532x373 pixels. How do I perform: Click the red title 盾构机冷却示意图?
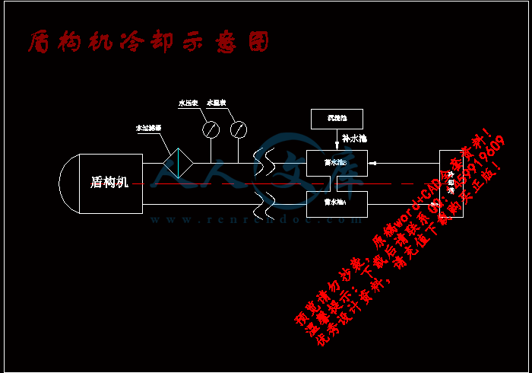click(148, 42)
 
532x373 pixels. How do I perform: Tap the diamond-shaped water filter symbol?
click(179, 162)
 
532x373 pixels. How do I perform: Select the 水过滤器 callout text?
click(147, 129)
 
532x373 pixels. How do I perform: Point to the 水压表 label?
click(188, 102)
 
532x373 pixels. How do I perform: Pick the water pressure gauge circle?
click(211, 129)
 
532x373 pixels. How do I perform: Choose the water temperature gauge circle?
click(239, 129)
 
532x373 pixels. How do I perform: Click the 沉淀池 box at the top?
click(337, 119)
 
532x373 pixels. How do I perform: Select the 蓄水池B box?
click(337, 162)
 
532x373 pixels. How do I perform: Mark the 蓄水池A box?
click(337, 202)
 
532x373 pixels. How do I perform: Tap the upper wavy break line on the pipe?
click(265, 162)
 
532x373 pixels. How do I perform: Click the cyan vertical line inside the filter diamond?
click(179, 162)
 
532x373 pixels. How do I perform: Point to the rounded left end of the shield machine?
click(68, 183)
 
